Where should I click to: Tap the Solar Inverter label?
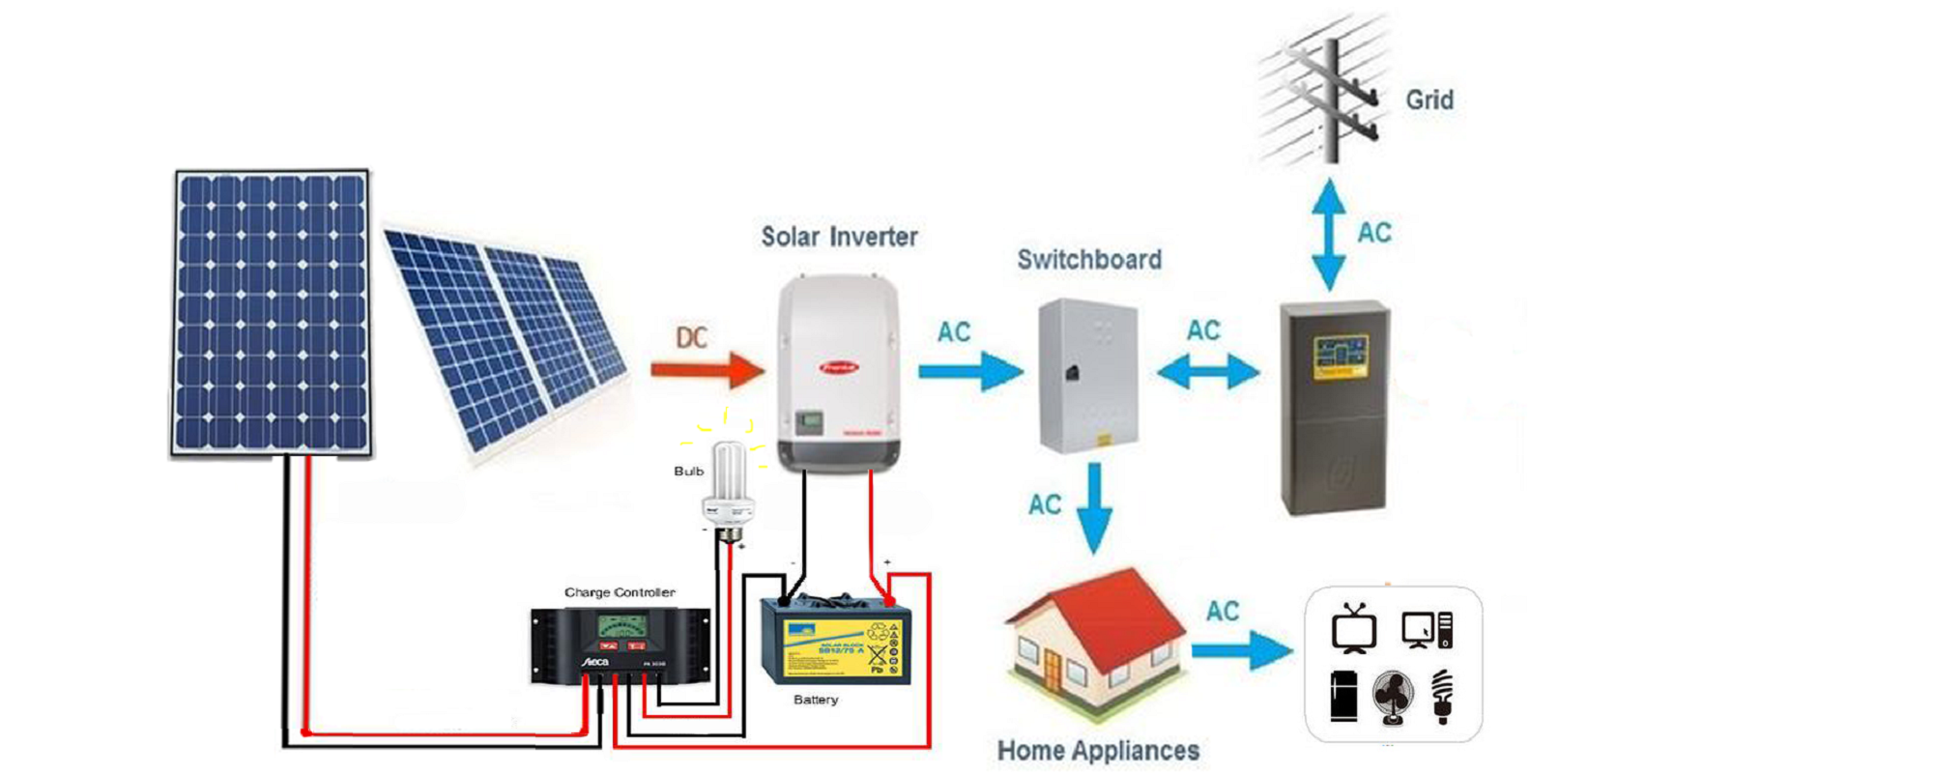pyautogui.click(x=839, y=237)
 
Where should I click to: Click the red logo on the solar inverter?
pyautogui.click(x=839, y=367)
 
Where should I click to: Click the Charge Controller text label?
pyautogui.click(x=620, y=592)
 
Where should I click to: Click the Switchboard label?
pyautogui.click(x=1089, y=259)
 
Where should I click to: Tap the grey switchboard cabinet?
pyautogui.click(x=1087, y=375)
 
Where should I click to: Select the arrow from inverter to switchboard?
pyautogui.click(x=969, y=371)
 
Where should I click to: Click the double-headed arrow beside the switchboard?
pyautogui.click(x=1208, y=371)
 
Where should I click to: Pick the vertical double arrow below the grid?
pyautogui.click(x=1329, y=235)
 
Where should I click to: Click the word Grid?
pyautogui.click(x=1428, y=100)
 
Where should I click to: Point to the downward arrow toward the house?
pyautogui.click(x=1094, y=507)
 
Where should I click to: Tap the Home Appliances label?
pyautogui.click(x=1098, y=750)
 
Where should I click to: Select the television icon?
pyautogui.click(x=1353, y=629)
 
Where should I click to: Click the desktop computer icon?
pyautogui.click(x=1427, y=630)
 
